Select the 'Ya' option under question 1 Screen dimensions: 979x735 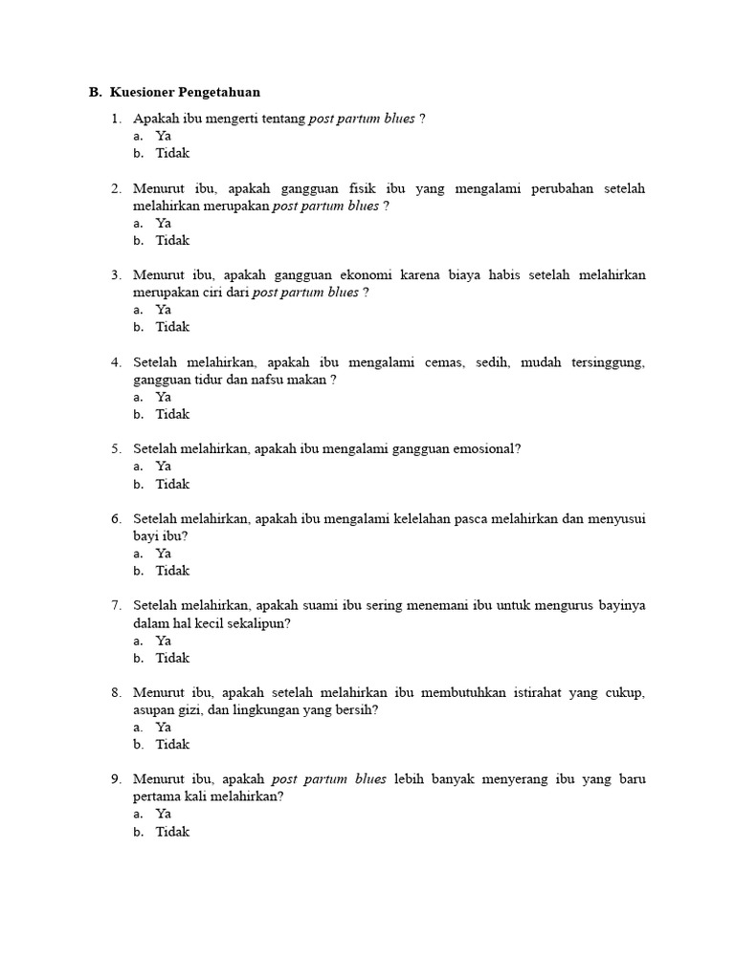[164, 136]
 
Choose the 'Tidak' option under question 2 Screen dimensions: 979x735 [173, 240]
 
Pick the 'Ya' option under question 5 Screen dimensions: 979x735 [164, 467]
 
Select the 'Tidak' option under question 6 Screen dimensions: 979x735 [173, 571]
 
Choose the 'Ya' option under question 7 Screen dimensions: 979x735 [164, 641]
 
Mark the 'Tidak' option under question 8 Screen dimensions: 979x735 [173, 745]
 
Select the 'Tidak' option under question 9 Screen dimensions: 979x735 [173, 832]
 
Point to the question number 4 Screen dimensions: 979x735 [115, 362]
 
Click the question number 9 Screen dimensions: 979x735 [115, 780]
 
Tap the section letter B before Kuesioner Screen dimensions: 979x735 [94, 93]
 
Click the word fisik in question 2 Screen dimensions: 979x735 [352, 188]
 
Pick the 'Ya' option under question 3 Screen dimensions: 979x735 [164, 310]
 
